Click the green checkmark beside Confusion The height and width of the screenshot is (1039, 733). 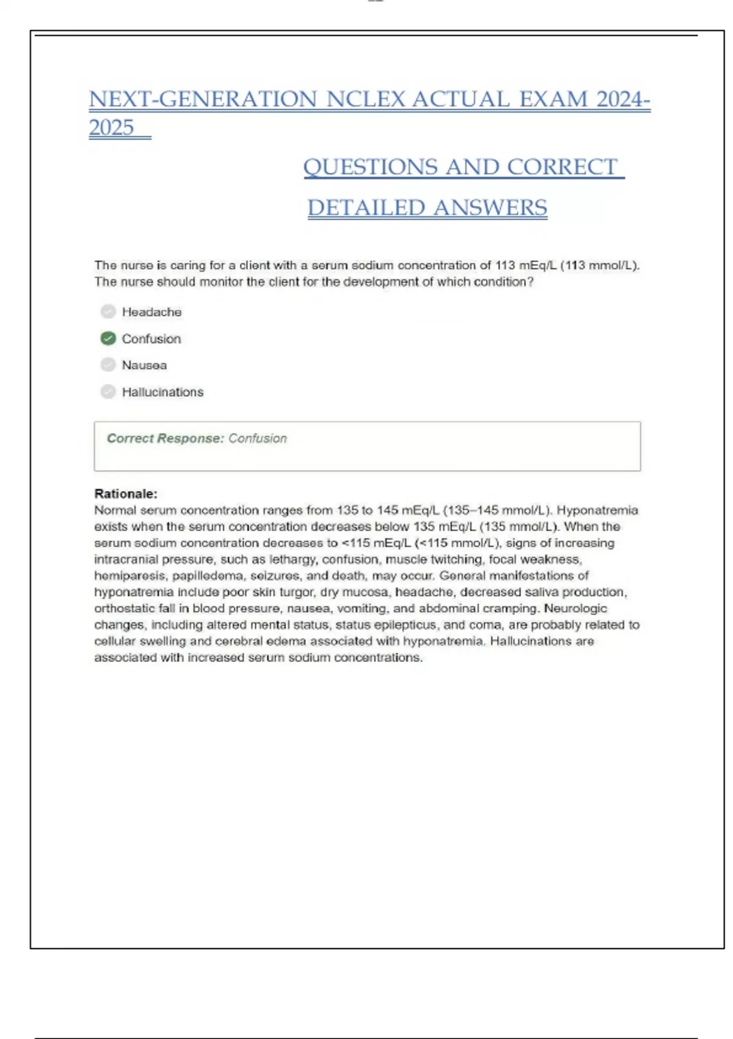(108, 339)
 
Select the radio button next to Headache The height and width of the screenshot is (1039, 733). (108, 312)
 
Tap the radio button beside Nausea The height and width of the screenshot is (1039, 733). (108, 365)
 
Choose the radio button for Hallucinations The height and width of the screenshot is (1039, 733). (108, 392)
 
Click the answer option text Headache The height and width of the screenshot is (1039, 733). (151, 312)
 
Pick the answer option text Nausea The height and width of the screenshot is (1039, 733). (144, 365)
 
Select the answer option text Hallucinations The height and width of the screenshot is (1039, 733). (162, 392)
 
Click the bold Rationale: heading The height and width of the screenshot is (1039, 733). (126, 494)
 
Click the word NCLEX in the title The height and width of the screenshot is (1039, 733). (366, 100)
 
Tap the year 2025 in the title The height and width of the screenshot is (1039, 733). (111, 128)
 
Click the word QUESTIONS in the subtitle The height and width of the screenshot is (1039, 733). (371, 167)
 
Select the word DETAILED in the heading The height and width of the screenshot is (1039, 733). (366, 208)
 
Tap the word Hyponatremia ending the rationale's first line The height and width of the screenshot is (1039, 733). (597, 510)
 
